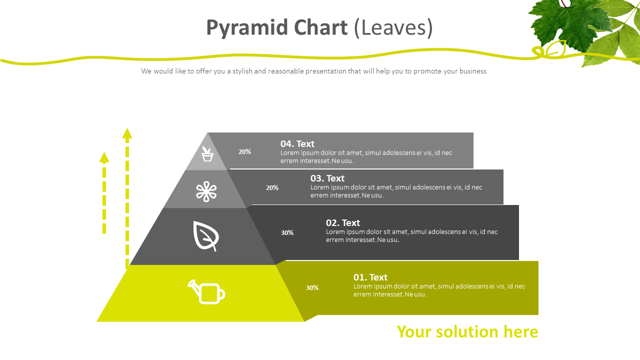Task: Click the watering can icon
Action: point(206,292)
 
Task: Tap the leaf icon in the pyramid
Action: point(205,236)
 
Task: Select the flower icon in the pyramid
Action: point(206,191)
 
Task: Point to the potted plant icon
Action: point(207,154)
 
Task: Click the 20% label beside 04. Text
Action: point(244,151)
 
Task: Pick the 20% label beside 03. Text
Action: point(272,187)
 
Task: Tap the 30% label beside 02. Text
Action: point(287,232)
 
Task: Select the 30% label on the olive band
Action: point(312,287)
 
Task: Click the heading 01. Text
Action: point(370,277)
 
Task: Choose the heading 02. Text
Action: point(343,222)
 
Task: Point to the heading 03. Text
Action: point(327,178)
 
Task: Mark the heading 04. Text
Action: point(297,143)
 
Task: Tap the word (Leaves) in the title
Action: point(393,27)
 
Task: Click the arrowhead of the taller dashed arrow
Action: point(127,133)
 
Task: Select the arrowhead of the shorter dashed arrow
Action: point(104,157)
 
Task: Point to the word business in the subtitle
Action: point(473,71)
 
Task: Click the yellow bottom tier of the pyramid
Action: point(200,293)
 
